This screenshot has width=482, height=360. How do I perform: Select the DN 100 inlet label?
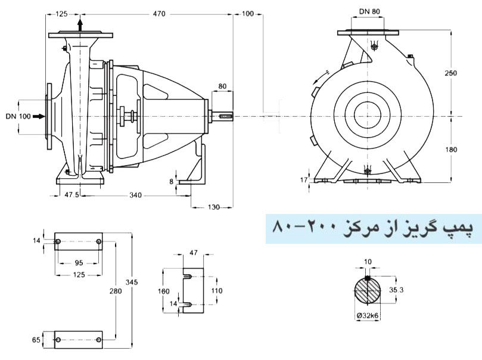coord(18,116)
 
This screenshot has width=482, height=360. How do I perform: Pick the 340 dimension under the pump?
coord(136,195)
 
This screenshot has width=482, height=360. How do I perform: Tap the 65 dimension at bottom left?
coord(36,340)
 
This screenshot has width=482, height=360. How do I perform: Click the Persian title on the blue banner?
coord(373,227)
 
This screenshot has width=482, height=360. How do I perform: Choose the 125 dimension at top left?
coord(61,13)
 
